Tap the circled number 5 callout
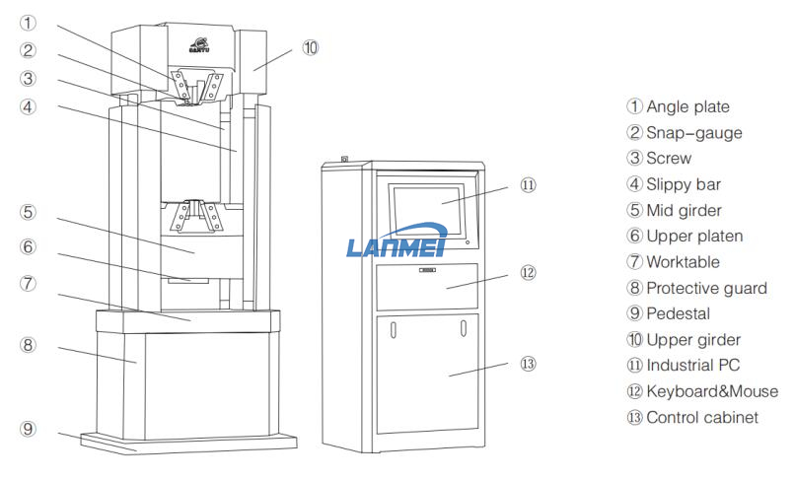point(28,211)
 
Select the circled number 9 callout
point(28,429)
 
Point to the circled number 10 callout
point(311,46)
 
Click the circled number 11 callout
point(528,184)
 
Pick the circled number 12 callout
point(528,272)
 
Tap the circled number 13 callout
point(528,364)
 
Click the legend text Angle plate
point(687,106)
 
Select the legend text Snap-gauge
point(693,132)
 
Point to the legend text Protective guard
point(706,288)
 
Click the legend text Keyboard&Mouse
point(711,391)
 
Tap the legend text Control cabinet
point(701,417)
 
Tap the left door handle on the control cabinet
point(392,327)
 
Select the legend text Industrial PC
point(692,366)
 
